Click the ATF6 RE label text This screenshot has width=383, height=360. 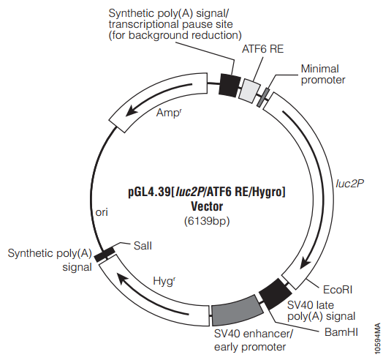coord(263,49)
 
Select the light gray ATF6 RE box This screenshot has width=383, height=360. coord(250,91)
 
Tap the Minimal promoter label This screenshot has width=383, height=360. coord(322,75)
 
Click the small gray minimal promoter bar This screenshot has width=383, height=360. coord(263,97)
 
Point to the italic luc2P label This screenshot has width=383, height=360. coord(350,184)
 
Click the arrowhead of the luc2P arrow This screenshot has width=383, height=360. coord(306,262)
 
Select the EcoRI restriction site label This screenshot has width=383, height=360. coord(338,290)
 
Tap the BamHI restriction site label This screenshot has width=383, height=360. coord(341,332)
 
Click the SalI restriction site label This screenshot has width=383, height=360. coord(143,246)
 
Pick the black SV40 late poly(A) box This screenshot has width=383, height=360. coord(276,293)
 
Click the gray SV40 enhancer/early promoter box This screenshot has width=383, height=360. coord(237,310)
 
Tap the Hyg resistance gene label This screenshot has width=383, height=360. coord(164,281)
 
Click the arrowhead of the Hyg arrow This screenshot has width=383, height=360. coord(121,280)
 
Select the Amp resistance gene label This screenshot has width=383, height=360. coord(169,113)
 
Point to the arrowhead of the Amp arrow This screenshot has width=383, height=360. coord(131,111)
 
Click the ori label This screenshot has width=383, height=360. coord(102,212)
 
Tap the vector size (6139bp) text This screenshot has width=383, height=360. coord(207,221)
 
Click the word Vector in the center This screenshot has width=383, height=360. coord(207,206)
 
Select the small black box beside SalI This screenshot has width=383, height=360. coord(105,255)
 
